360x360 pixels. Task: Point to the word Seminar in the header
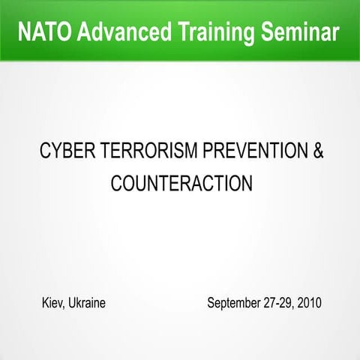(301, 32)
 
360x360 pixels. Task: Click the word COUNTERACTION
(180, 183)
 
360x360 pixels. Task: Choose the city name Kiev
(53, 304)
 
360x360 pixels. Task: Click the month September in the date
(235, 304)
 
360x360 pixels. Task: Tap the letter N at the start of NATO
(22, 32)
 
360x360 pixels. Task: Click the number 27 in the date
(272, 304)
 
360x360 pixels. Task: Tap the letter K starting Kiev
(45, 304)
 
